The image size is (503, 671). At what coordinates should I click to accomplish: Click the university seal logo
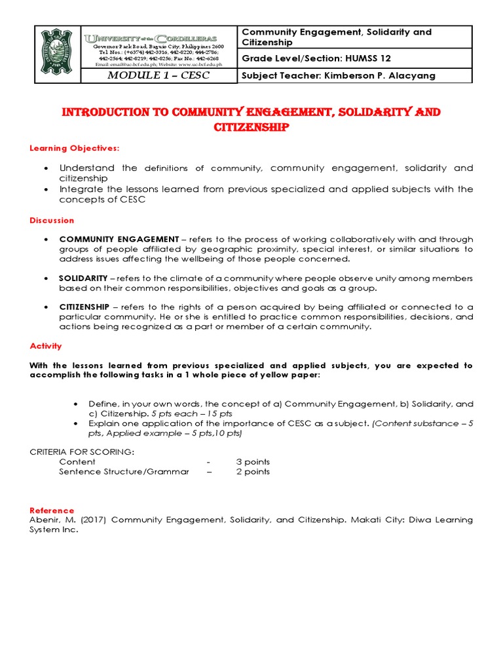coord(56,54)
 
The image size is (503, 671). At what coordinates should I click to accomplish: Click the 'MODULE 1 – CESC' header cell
coord(158,75)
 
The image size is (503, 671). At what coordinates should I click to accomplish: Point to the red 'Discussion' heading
coord(52,220)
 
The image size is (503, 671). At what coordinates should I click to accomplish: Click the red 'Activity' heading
coord(46,346)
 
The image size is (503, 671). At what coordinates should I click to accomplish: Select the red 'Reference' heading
coord(52,510)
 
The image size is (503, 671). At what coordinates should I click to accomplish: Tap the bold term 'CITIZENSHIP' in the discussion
coord(84,307)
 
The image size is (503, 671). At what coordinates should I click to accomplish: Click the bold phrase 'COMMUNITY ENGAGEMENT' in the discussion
coord(119,239)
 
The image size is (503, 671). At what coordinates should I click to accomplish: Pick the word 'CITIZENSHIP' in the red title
coord(251,127)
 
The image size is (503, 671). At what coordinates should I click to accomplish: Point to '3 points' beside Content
coord(253,462)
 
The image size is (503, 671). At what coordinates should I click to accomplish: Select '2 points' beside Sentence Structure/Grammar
coord(253,472)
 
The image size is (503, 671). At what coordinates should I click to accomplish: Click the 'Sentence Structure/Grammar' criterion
coord(124,472)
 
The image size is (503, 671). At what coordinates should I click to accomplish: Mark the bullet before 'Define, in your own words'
coord(77,404)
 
